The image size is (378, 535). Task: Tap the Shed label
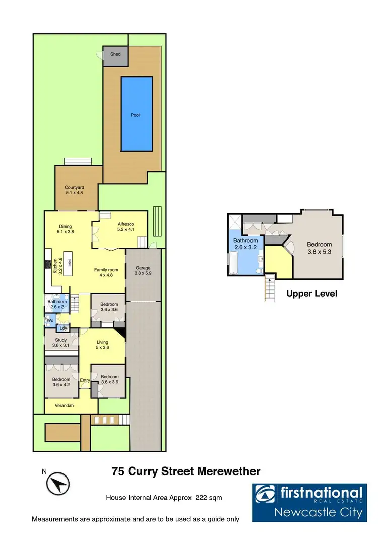coord(115,54)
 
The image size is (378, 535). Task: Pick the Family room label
coord(106,273)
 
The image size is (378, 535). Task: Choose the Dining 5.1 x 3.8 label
coord(66,229)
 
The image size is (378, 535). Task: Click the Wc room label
coord(50,320)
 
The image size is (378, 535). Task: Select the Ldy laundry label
coord(63,329)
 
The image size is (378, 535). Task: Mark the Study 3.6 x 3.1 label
coord(61,343)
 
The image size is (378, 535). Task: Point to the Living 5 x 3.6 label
coord(102,345)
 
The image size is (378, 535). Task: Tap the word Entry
coord(85,381)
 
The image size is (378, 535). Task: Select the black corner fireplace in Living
coord(120,334)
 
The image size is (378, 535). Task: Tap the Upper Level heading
coord(311,294)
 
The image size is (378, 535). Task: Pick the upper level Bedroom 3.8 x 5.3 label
coord(320,248)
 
